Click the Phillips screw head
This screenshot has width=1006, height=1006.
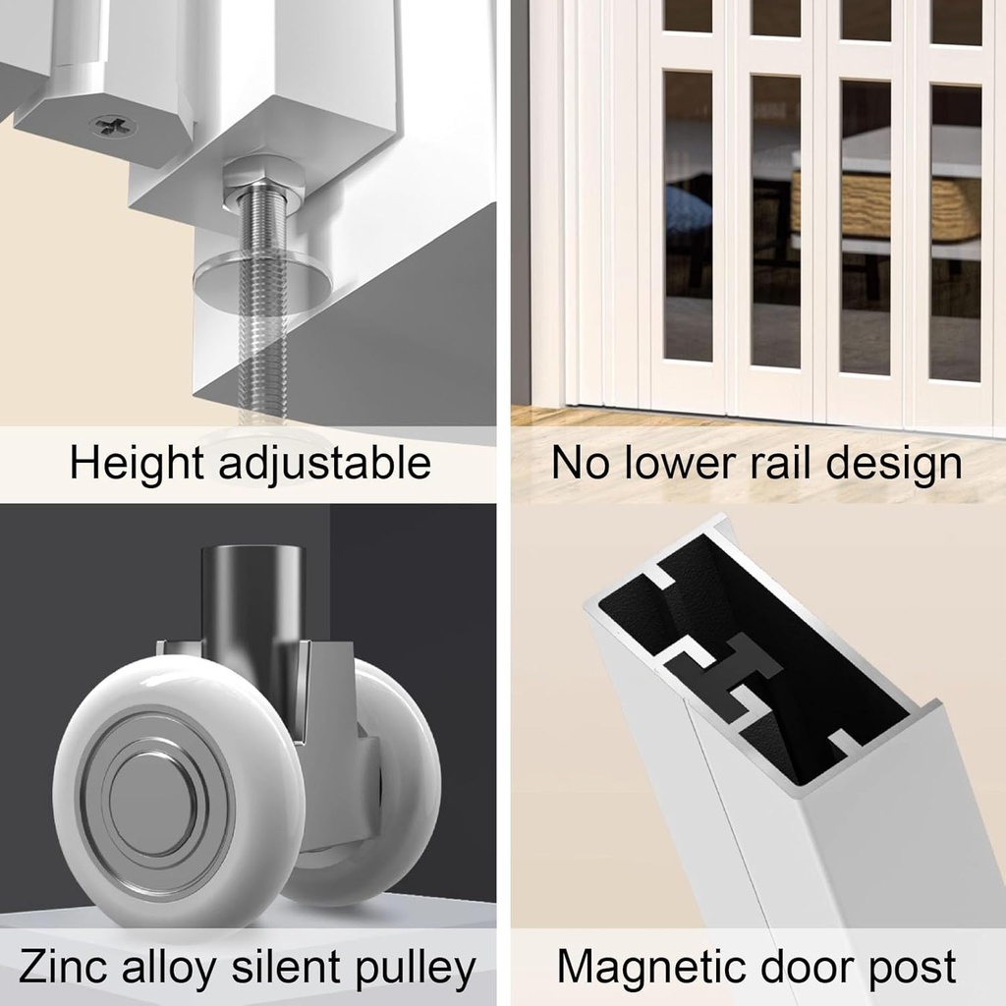tap(113, 126)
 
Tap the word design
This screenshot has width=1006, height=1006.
tap(894, 464)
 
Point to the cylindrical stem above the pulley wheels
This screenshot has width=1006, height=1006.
tap(252, 599)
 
